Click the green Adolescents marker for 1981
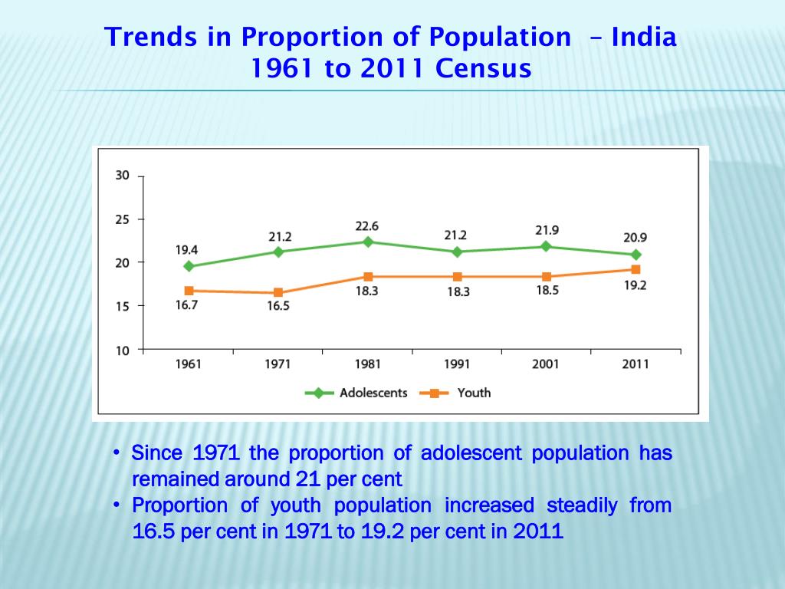pos(368,242)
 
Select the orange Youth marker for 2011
pos(636,269)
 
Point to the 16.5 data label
pos(278,306)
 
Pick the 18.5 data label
pos(547,291)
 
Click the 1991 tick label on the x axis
pos(457,364)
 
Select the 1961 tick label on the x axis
pos(188,364)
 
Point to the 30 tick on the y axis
pos(122,175)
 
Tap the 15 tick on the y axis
pos(122,305)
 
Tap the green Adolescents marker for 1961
pos(189,266)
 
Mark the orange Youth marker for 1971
pos(278,292)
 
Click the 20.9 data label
pos(635,238)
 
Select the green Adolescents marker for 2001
pos(546,246)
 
